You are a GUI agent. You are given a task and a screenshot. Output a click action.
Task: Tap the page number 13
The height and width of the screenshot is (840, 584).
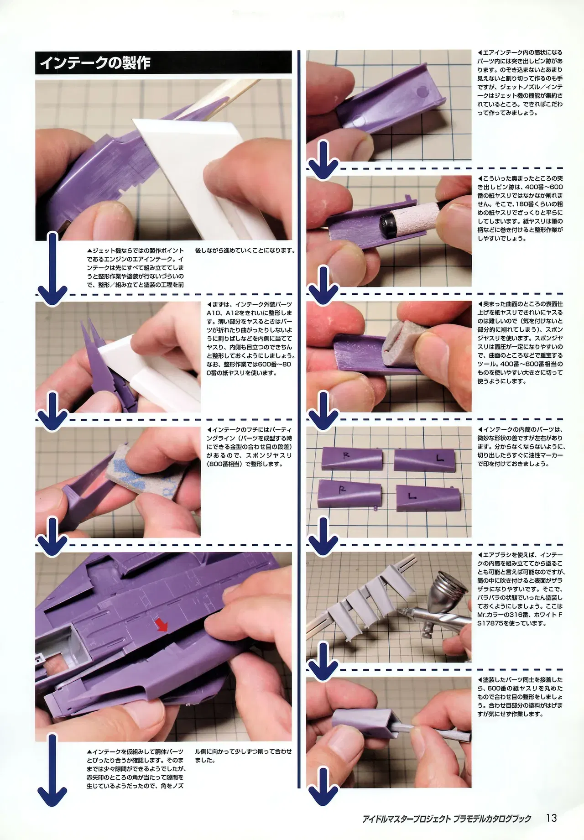pos(551,818)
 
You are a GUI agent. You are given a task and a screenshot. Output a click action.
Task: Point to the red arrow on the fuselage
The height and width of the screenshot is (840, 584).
pos(162,626)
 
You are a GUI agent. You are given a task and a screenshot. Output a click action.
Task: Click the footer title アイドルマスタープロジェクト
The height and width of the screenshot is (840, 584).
pos(407,819)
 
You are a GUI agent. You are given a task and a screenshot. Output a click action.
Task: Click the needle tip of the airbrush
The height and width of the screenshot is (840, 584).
pos(396,610)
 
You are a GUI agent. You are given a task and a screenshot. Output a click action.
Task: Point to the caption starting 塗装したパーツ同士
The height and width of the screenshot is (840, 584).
pos(520,697)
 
